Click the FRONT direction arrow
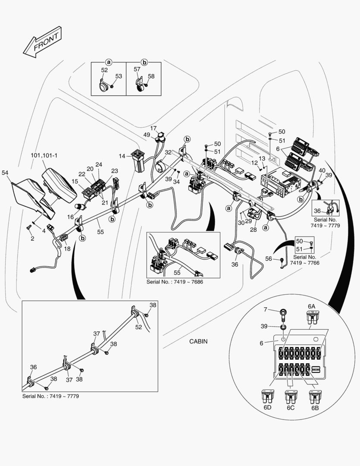[42, 41]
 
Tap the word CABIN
[198, 341]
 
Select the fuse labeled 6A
[312, 318]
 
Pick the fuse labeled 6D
[267, 396]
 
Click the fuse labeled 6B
[315, 396]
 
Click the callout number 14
[122, 155]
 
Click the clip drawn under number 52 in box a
[103, 87]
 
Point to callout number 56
[269, 258]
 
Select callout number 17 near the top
[154, 128]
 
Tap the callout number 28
[253, 230]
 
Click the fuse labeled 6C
[291, 396]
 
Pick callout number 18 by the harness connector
[67, 249]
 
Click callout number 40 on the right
[322, 170]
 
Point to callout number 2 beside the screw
[32, 238]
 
